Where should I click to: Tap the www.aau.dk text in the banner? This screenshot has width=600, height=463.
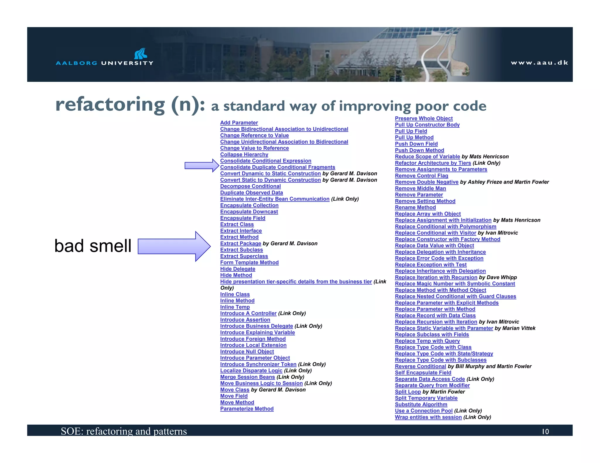coord(539,63)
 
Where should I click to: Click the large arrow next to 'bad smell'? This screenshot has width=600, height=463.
coord(174,246)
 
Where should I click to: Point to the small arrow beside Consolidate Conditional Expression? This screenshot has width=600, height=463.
coord(202,166)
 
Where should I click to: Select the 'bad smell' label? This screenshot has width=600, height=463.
coord(93,246)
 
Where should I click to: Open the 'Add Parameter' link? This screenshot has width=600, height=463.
coord(239,123)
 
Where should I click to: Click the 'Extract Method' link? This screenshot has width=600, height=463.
coord(239,237)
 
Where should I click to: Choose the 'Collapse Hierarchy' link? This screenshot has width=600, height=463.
coord(244,155)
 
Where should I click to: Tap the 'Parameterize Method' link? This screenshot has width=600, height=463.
coord(247,409)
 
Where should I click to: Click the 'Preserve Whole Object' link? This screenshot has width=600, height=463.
coord(424,118)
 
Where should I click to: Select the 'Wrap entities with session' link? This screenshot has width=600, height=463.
coord(428,417)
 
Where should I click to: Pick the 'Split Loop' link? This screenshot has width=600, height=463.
coord(408,392)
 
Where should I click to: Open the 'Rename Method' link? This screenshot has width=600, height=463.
coord(415,207)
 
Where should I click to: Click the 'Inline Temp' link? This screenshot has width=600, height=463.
coord(235,307)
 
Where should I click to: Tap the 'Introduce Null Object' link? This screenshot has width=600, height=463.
coord(247,351)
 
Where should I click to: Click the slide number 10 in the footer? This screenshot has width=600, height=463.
coord(545,431)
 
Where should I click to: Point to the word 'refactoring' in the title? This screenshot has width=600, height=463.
coord(110,104)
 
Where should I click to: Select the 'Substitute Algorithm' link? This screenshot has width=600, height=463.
coord(421,404)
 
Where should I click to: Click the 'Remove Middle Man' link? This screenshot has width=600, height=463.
coord(420,188)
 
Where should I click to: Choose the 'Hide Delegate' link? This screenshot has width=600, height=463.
coord(238,269)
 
